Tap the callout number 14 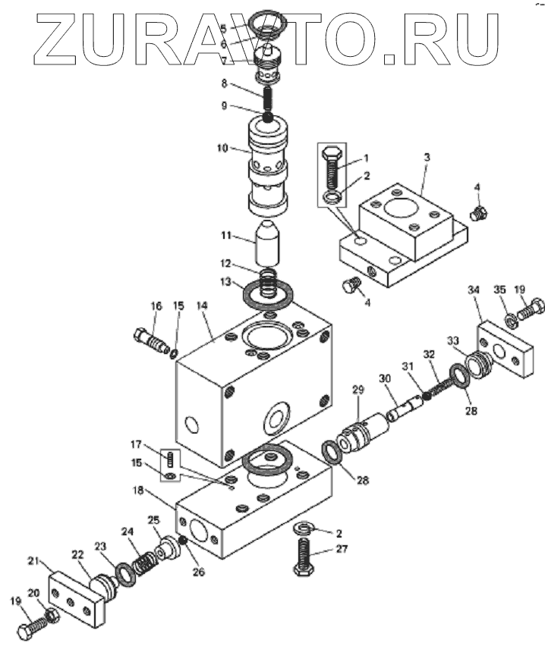pos(201,306)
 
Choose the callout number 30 pos(384,378)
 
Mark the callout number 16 pos(156,306)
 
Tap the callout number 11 pos(225,236)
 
